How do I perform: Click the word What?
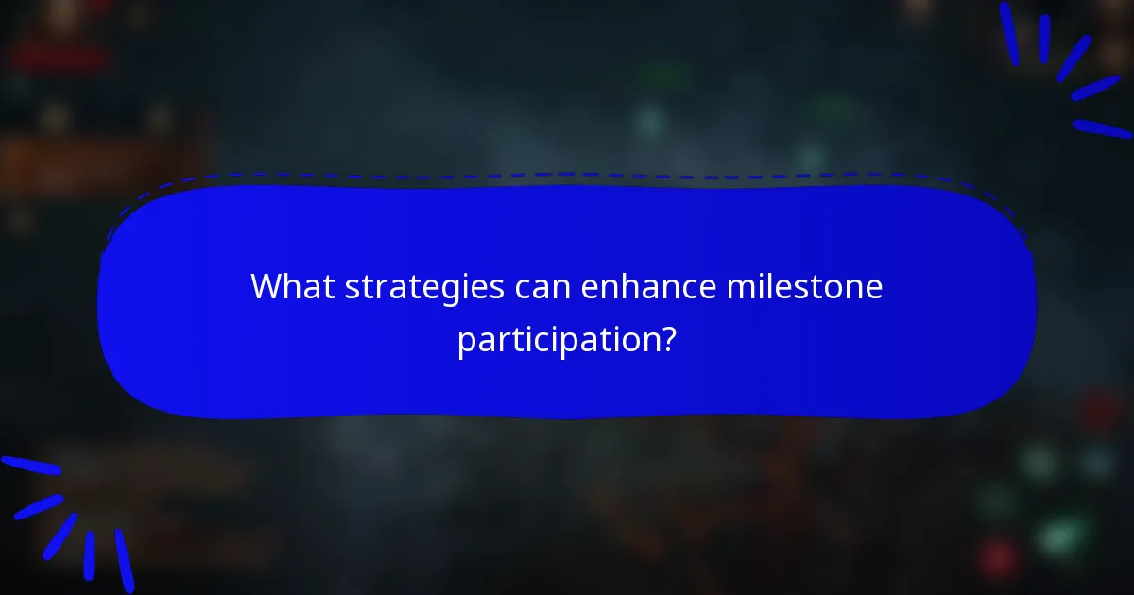coord(293,286)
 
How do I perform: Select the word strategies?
coord(424,288)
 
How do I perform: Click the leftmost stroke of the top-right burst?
coord(1009,34)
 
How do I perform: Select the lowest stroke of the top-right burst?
coord(1102,128)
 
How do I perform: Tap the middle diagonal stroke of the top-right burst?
coord(1074,59)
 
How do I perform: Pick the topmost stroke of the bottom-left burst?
coord(30,465)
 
